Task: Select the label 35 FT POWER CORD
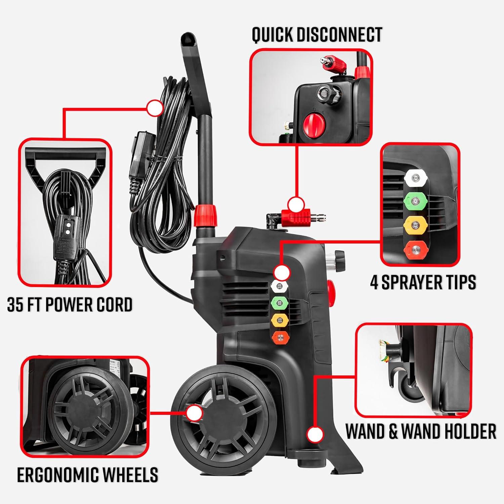click(70, 305)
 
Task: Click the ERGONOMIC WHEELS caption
click(88, 475)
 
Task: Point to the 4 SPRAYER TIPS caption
click(423, 282)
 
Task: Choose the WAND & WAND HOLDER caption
click(421, 431)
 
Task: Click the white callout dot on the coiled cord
click(155, 108)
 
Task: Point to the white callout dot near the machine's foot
click(315, 435)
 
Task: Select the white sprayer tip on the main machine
click(279, 287)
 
